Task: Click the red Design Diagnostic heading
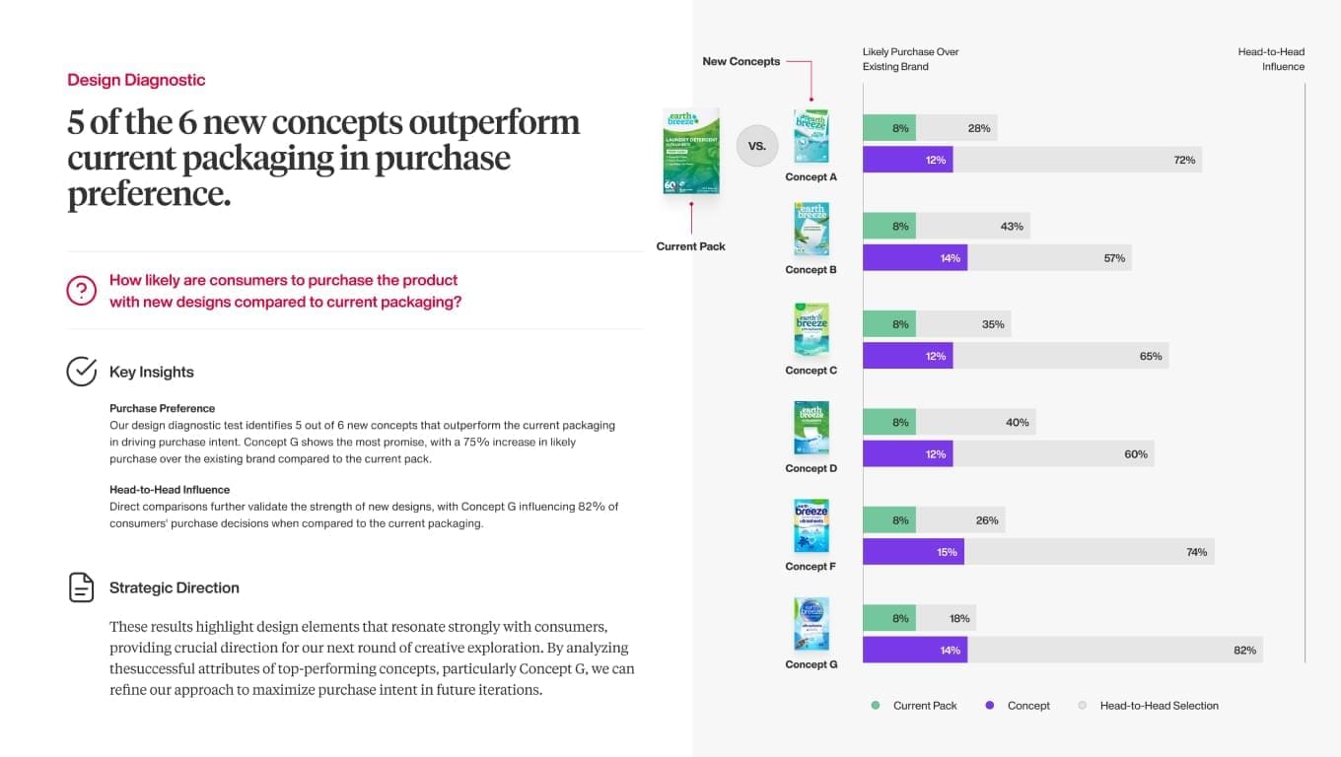click(136, 80)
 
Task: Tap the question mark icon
click(82, 291)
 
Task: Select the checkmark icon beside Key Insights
click(82, 372)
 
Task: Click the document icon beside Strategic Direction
click(82, 587)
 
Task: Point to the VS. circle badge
click(757, 146)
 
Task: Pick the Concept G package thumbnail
click(812, 624)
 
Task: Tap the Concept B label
click(812, 270)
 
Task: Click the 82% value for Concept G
click(1244, 651)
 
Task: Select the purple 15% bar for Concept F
click(913, 552)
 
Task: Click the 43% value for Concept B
click(1012, 227)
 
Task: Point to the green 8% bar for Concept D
click(888, 423)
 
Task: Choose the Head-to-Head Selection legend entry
click(1159, 706)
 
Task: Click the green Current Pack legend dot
click(876, 706)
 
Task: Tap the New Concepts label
click(741, 61)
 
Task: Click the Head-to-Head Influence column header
click(1271, 59)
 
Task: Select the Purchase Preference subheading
click(162, 408)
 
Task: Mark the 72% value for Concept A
click(1184, 160)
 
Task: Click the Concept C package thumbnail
click(812, 329)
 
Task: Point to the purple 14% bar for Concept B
click(914, 258)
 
